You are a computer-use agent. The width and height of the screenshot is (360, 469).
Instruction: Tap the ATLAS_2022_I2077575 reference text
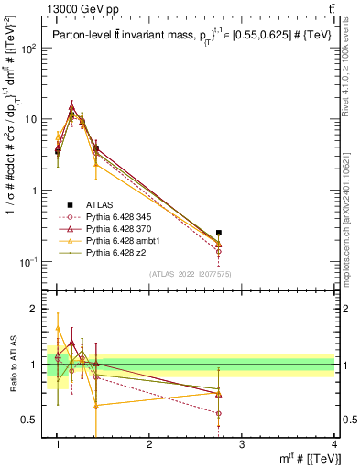point(190,274)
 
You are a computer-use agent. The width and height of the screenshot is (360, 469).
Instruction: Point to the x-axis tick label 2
point(149,445)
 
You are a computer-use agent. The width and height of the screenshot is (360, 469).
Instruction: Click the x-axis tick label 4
point(334,445)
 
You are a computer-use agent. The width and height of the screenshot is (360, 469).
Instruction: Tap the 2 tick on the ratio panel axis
point(35,309)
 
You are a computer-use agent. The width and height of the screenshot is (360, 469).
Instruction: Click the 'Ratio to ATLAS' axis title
point(12,365)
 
